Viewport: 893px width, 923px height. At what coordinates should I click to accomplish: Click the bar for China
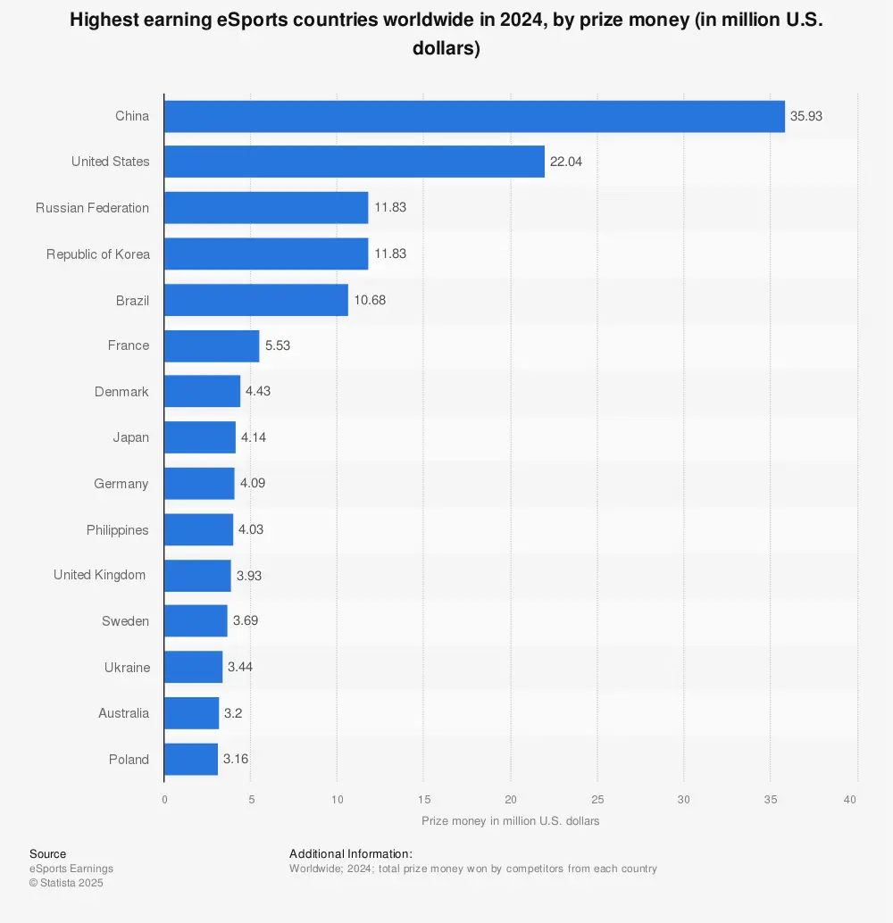pos(474,116)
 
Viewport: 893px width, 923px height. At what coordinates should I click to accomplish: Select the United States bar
pos(355,162)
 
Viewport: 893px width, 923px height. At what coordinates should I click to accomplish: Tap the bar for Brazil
pos(256,300)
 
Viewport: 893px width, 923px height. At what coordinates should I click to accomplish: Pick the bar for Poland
pos(191,759)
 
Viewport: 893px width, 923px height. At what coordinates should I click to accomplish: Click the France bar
pos(212,345)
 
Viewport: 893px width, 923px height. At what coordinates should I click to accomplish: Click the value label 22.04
pos(566,162)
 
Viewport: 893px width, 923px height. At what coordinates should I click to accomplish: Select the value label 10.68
pos(370,300)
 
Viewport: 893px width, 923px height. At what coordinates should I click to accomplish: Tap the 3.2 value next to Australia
pos(234,713)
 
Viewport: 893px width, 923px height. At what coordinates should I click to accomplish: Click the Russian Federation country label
pos(93,208)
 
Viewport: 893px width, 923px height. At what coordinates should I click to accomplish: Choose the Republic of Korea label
pos(98,254)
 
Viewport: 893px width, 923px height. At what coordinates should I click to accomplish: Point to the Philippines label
pos(118,530)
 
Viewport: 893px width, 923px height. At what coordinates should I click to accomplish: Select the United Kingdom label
pos(99,575)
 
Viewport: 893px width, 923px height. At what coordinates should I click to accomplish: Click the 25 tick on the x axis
pos(597,799)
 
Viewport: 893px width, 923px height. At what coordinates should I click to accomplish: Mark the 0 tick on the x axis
pos(164,799)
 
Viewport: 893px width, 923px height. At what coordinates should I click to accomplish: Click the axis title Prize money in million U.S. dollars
pos(510,820)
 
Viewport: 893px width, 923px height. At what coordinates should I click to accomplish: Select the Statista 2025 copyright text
pos(66,883)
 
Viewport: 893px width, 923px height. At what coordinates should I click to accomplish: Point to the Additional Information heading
pos(351,854)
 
